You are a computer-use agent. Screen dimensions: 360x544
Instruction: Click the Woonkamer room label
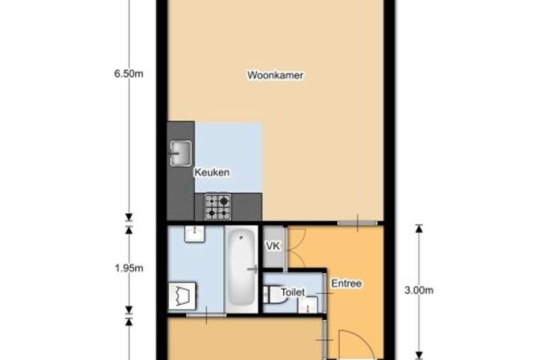pos(275,75)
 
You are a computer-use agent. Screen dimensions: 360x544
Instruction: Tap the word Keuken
pos(212,172)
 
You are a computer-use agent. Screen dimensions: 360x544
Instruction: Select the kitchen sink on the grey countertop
pos(180,153)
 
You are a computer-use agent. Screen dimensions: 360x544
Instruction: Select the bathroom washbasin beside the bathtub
pos(193,234)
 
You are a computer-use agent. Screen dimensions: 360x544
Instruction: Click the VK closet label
pos(272,247)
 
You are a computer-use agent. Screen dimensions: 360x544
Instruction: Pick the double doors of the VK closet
pos(294,247)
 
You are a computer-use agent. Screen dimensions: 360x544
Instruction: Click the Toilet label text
pos(292,293)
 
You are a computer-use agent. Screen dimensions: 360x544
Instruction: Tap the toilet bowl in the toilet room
pos(268,295)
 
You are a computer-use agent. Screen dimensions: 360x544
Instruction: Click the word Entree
pos(346,283)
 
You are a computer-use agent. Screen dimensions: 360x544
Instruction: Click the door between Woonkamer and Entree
pos(357,222)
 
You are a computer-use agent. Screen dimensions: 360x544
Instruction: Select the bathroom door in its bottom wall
pos(206,314)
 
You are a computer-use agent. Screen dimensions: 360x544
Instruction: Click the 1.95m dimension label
pos(129,268)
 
